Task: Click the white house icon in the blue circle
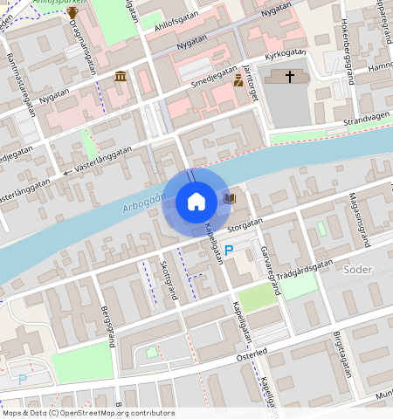pyautogui.click(x=196, y=202)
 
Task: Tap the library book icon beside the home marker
pyautogui.click(x=229, y=199)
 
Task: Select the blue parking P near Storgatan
pyautogui.click(x=229, y=251)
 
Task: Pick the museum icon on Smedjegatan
pyautogui.click(x=120, y=78)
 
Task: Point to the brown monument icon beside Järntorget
pyautogui.click(x=238, y=80)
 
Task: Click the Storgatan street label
pyautogui.click(x=245, y=224)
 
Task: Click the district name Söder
pyautogui.click(x=358, y=270)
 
